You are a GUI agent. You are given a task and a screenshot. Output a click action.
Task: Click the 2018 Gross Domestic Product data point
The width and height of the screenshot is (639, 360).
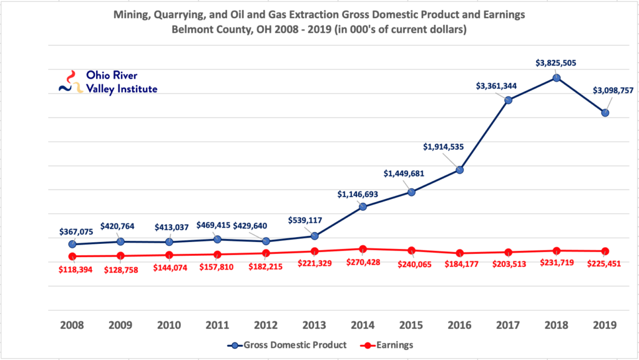click(557, 78)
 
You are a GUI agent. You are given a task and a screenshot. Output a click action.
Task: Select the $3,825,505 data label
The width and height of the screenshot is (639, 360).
click(556, 63)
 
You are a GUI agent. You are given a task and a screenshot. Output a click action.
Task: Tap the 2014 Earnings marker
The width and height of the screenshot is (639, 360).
click(363, 249)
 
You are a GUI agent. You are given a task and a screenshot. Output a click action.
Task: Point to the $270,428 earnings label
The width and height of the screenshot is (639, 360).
click(363, 262)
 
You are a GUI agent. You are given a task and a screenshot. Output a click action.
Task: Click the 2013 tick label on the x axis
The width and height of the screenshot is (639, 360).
click(315, 325)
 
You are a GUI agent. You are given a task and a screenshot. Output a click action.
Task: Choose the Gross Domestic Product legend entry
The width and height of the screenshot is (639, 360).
click(287, 345)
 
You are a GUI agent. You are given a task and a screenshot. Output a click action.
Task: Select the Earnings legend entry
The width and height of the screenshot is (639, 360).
click(387, 345)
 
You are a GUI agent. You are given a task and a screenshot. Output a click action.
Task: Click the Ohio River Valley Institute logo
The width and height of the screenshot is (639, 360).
click(108, 82)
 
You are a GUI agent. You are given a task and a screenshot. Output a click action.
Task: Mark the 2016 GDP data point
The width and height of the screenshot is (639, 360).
click(460, 170)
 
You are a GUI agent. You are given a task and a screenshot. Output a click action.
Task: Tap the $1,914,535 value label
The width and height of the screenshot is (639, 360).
click(444, 147)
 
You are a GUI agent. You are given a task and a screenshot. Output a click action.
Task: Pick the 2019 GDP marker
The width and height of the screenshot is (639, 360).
click(605, 113)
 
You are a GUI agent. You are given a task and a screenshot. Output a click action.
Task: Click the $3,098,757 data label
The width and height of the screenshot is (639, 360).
click(613, 90)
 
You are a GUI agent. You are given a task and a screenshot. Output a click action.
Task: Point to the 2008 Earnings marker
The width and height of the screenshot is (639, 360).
click(72, 256)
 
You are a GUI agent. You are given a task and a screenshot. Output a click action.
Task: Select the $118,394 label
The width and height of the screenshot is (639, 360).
click(76, 270)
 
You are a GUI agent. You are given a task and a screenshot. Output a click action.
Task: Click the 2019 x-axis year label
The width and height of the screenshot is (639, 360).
click(605, 325)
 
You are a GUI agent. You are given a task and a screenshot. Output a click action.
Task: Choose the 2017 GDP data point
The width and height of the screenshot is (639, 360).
click(508, 100)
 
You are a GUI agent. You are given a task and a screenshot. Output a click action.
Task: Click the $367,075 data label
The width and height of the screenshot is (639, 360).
click(76, 231)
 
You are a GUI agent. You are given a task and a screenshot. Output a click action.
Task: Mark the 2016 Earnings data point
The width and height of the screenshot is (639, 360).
click(460, 253)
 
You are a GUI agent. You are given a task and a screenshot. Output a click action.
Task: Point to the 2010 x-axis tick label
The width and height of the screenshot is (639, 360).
click(169, 325)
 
